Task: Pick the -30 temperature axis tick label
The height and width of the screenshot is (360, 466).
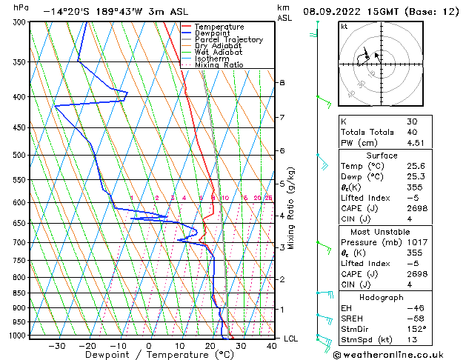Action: [56, 346]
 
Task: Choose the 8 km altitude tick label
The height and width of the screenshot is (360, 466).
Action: [282, 82]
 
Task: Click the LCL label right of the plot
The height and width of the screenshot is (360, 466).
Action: [290, 339]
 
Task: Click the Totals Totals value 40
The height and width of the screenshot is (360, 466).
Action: [412, 132]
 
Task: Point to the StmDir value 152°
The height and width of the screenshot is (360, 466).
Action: [416, 329]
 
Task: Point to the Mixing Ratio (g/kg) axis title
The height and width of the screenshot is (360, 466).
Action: [291, 208]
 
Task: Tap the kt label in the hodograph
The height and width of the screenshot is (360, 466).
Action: [344, 26]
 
